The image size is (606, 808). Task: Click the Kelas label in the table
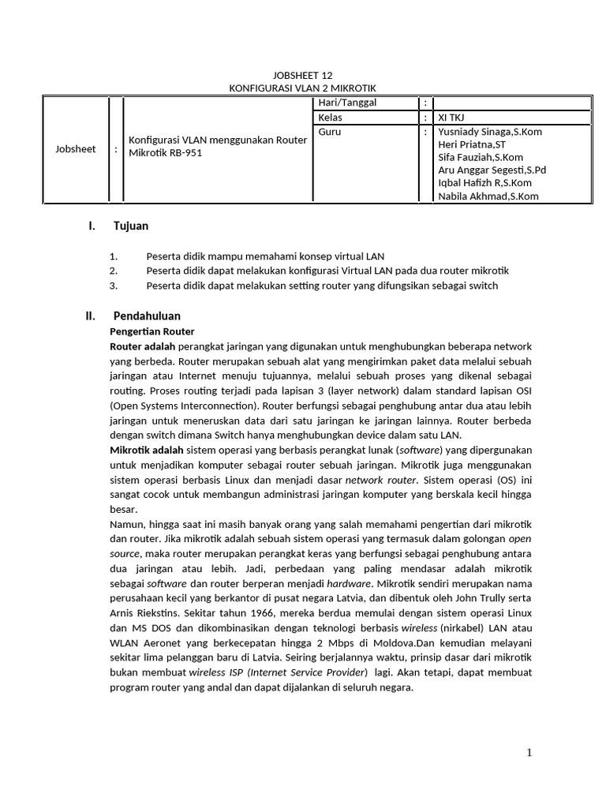click(331, 118)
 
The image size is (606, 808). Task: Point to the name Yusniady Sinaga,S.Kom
click(489, 132)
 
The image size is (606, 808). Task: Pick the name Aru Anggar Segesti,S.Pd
click(492, 170)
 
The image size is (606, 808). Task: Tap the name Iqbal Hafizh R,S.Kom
click(485, 183)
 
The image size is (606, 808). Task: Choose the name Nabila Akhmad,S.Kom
click(488, 196)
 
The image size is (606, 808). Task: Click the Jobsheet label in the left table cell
click(76, 148)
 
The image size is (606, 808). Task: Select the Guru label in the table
click(329, 132)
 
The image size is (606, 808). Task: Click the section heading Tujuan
click(131, 226)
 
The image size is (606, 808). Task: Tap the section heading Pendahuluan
click(147, 316)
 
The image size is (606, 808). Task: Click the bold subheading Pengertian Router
click(151, 331)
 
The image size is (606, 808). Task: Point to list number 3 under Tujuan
click(114, 286)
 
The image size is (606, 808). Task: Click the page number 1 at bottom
click(529, 753)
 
